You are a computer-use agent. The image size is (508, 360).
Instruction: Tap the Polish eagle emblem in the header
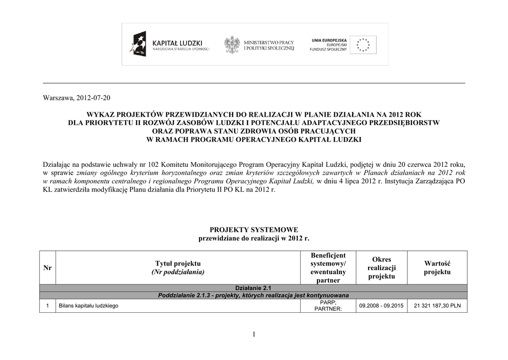pyautogui.click(x=232, y=44)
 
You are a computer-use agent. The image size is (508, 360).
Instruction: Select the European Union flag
pyautogui.click(x=363, y=45)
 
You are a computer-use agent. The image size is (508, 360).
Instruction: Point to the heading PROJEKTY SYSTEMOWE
pyautogui.click(x=254, y=230)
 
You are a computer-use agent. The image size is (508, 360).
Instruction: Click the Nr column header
pyautogui.click(x=48, y=268)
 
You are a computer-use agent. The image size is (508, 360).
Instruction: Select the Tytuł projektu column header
pyautogui.click(x=178, y=268)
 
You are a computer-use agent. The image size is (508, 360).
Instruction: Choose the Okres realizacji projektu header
pyautogui.click(x=381, y=268)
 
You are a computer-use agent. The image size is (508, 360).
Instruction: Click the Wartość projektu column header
pyautogui.click(x=437, y=268)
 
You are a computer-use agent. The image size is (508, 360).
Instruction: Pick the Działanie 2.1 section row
pyautogui.click(x=254, y=288)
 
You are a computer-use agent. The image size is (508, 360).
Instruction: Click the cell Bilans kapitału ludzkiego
pyautogui.click(x=88, y=306)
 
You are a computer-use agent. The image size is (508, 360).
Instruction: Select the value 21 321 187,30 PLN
pyautogui.click(x=437, y=306)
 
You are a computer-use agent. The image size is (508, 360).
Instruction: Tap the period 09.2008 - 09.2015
pyautogui.click(x=381, y=306)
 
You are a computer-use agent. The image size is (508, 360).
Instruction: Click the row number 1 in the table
pyautogui.click(x=47, y=306)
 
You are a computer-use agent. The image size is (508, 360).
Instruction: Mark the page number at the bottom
pyautogui.click(x=254, y=335)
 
